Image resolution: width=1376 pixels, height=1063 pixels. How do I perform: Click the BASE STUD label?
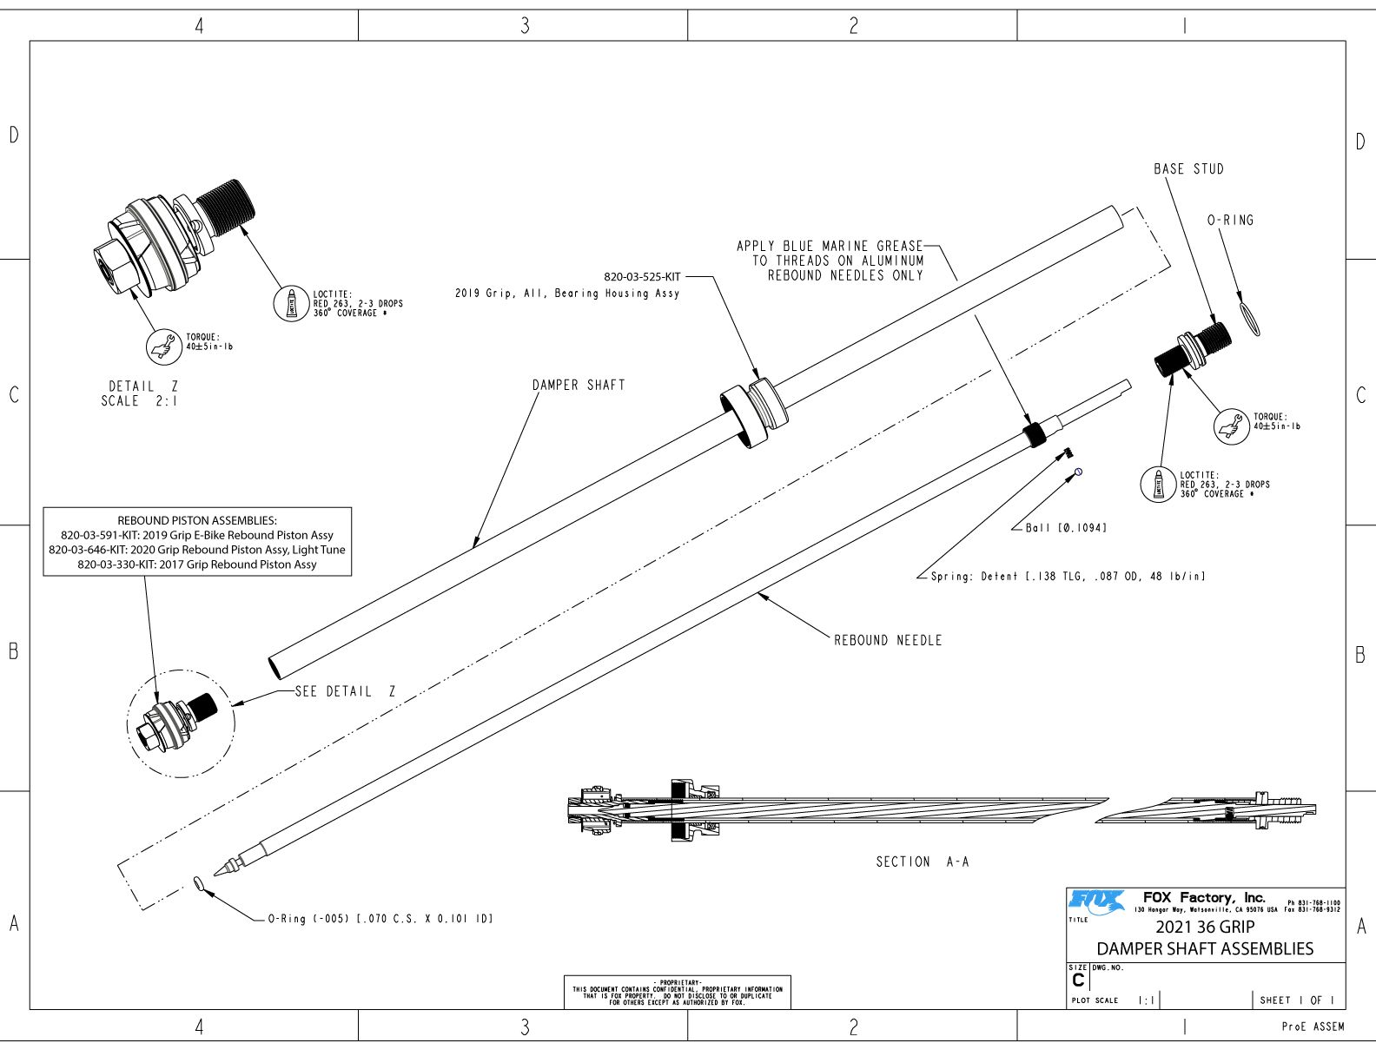click(x=1188, y=169)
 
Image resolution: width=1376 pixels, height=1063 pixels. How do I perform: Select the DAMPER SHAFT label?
click(x=579, y=385)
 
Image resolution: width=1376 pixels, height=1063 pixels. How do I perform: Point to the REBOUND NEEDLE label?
click(x=888, y=640)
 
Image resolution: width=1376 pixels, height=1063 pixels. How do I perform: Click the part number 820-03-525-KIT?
click(x=642, y=277)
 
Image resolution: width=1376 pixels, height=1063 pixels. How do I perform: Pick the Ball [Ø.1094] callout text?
click(x=1066, y=528)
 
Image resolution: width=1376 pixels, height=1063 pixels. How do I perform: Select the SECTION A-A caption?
click(x=922, y=862)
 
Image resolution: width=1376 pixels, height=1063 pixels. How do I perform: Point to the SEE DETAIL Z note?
click(x=345, y=691)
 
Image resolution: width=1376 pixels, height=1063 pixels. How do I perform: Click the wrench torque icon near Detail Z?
click(x=162, y=346)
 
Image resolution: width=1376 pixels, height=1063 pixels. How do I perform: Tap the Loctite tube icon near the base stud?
click(x=1157, y=485)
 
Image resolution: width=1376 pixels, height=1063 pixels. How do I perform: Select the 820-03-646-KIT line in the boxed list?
click(x=197, y=550)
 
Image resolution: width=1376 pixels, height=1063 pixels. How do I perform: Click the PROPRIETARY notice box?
click(x=677, y=992)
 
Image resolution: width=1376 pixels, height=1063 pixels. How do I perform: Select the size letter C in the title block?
click(x=1078, y=980)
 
